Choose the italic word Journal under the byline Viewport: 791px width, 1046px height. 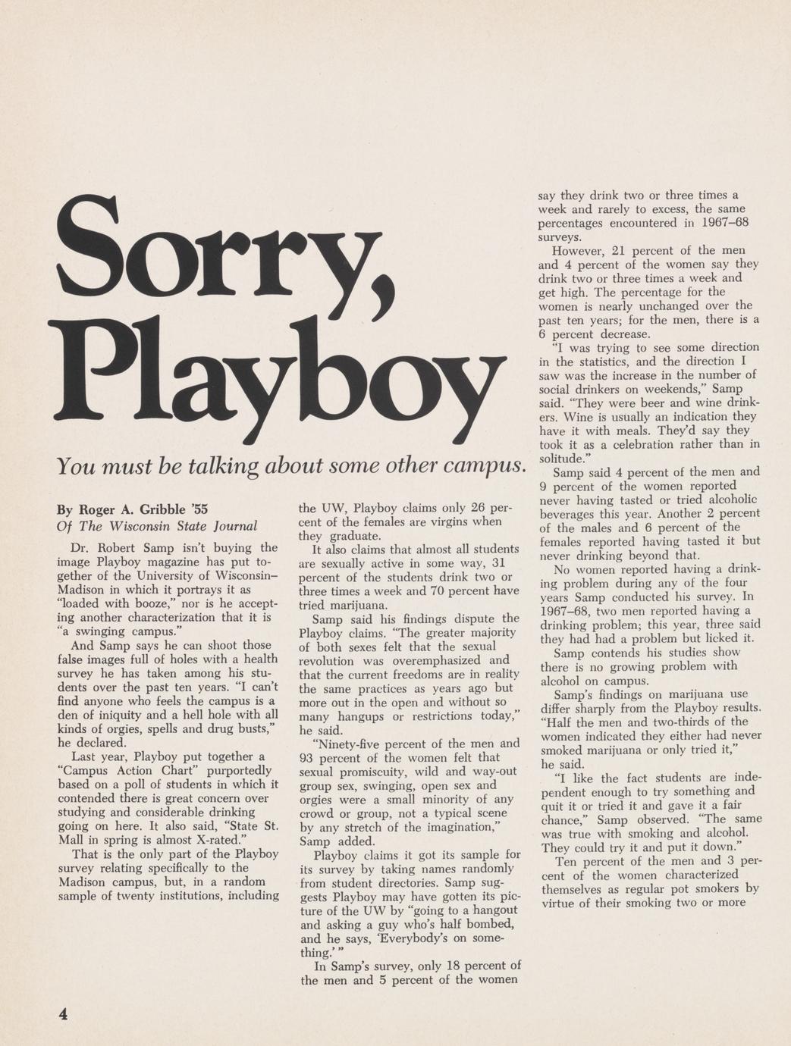(x=235, y=525)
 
